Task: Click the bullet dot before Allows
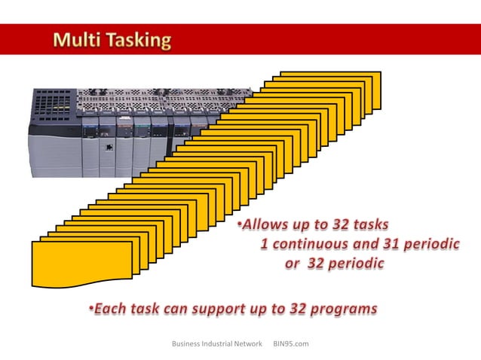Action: coord(237,225)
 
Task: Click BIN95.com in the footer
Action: coord(291,344)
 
